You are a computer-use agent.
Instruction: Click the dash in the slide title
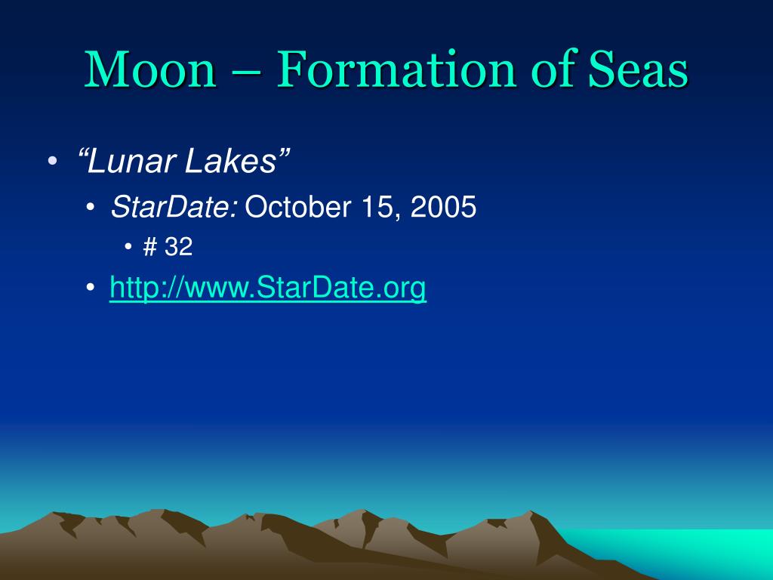(247, 72)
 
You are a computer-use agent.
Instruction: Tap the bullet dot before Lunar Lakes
(53, 161)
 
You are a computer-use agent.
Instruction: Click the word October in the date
(298, 207)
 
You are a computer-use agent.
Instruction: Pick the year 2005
(444, 207)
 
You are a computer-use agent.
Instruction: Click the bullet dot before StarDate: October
(90, 207)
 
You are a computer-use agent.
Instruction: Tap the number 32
(178, 246)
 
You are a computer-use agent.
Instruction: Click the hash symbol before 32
(150, 246)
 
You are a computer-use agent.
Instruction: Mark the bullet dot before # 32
(128, 246)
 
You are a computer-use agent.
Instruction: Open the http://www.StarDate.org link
(268, 288)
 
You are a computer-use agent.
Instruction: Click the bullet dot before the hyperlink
(90, 287)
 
